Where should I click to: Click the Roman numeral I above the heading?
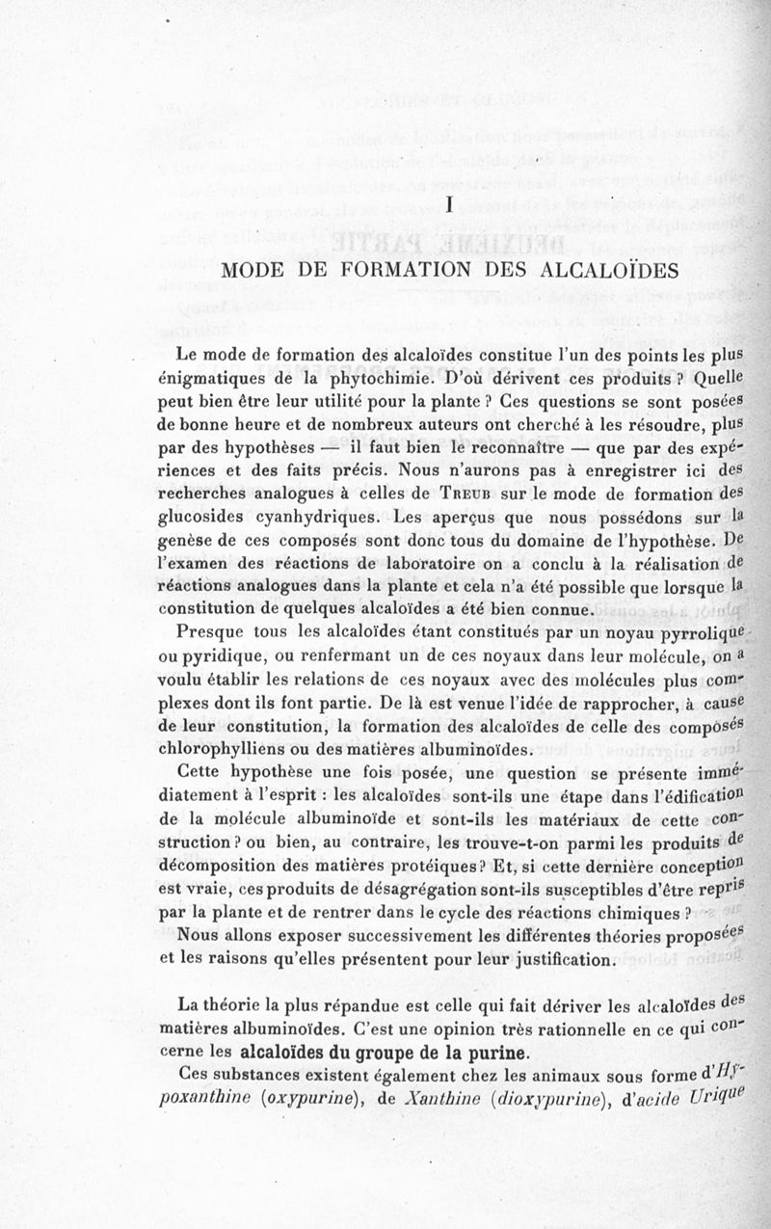pos(450,203)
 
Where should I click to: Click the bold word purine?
pos(494,1050)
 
